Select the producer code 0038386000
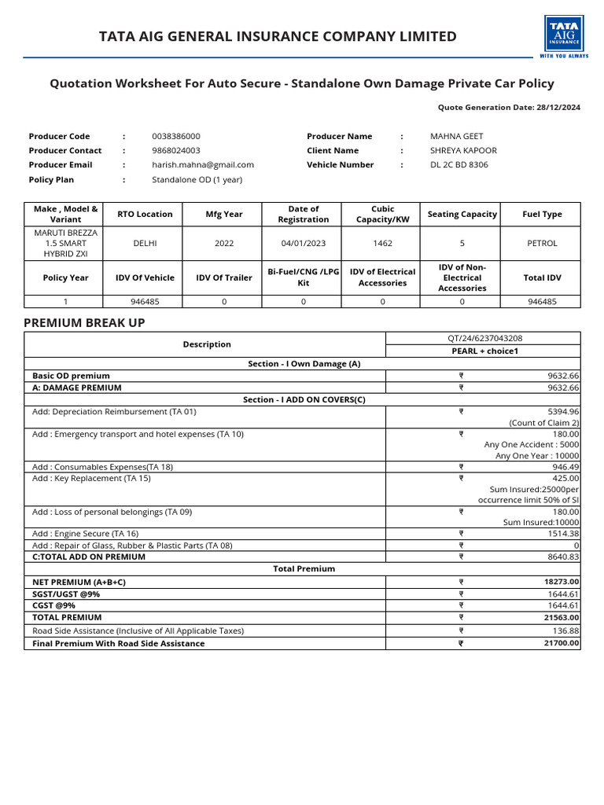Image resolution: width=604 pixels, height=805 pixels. point(176,136)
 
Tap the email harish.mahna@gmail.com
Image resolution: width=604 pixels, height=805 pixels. point(203,164)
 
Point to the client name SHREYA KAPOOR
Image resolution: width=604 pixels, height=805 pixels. point(463,150)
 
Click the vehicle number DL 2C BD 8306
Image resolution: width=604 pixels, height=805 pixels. point(459,164)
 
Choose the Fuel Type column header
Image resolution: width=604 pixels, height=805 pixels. point(542,214)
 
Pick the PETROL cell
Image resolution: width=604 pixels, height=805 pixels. point(542,243)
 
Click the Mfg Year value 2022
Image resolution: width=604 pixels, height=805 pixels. point(224,243)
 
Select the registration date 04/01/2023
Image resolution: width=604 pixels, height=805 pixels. point(303,243)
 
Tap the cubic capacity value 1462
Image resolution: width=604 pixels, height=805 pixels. point(382,243)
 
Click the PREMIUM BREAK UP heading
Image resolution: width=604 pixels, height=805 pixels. point(84,323)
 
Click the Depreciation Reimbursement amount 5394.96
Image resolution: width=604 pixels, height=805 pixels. point(563,411)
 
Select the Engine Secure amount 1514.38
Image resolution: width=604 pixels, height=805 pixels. point(563,533)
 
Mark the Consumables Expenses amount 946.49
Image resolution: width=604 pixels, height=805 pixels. point(565,466)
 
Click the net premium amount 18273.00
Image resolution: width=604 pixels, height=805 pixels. point(562,582)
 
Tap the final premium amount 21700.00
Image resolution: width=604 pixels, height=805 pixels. point(562,643)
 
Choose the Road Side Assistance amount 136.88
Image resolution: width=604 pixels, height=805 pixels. point(565,630)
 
